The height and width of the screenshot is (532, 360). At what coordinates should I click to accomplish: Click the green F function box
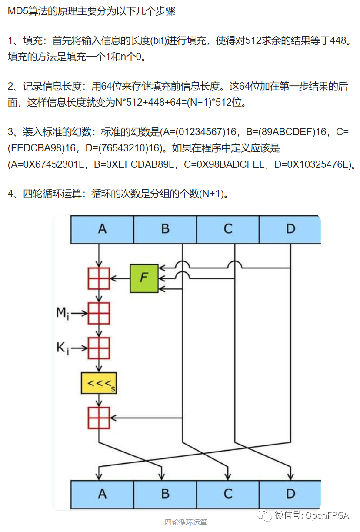pos(144,278)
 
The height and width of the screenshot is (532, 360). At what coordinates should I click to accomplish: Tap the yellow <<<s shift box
pos(99,383)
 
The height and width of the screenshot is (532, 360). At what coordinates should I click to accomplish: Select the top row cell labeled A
pos(102,229)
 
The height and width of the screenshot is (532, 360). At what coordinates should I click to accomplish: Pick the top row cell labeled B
pos(165,229)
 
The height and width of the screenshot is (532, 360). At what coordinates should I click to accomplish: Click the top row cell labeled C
pos(228,229)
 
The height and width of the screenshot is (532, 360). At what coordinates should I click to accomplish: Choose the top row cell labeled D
pos(290,229)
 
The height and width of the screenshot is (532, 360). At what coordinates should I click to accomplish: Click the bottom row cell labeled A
pos(102,494)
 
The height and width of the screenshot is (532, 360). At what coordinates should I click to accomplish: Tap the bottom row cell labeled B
pos(165,494)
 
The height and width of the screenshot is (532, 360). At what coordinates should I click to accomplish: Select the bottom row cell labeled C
pos(228,494)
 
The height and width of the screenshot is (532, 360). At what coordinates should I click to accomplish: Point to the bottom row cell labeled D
pos(290,494)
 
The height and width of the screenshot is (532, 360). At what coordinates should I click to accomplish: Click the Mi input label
pos(63,313)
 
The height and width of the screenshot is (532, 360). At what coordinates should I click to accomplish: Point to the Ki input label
pos(63,348)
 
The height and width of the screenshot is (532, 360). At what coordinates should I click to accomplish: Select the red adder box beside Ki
pos(99,348)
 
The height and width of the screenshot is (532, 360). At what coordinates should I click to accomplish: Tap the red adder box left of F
pos(99,278)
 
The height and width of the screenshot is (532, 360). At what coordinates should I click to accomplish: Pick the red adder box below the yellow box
pos(99,418)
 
